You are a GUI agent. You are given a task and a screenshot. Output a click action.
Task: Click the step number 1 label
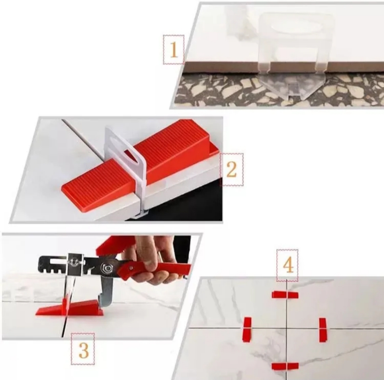pyautogui.click(x=174, y=50)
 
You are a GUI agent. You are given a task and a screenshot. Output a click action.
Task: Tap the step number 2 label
pyautogui.click(x=231, y=169)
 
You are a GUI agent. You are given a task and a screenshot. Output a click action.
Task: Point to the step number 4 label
pyautogui.click(x=288, y=265)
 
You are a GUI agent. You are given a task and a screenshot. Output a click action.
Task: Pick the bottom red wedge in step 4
pyautogui.click(x=285, y=366)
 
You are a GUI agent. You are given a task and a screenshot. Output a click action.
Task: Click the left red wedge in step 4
pyautogui.click(x=247, y=329)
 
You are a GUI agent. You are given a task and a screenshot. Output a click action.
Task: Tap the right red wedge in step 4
pyautogui.click(x=322, y=330)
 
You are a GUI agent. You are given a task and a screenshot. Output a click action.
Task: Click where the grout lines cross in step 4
pyautogui.click(x=287, y=328)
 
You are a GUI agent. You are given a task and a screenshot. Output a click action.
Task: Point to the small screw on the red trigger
pyautogui.click(x=132, y=268)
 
